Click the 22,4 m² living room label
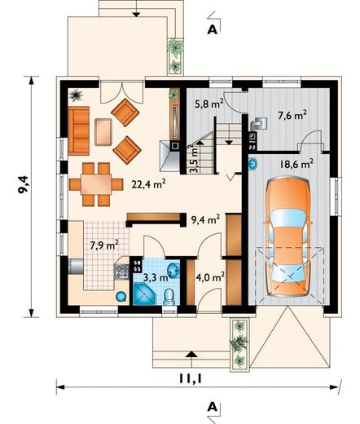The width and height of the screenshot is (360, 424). pos(148,184)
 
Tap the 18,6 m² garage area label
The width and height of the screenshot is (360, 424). pos(296,164)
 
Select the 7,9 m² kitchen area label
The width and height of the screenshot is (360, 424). pos(104,245)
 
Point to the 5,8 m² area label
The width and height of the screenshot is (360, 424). pos(209,104)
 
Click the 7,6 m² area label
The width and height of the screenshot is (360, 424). pos(292,115)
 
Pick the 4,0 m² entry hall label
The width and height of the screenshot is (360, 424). pos(209,278)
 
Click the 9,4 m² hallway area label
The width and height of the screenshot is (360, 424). pos(205,219)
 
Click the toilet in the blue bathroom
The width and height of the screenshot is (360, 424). pos(169,297)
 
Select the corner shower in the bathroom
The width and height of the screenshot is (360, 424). pos(143,294)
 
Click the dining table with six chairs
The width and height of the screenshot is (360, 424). pos(96,184)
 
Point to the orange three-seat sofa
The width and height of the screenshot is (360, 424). pos(79,130)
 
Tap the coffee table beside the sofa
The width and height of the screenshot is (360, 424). pos(103,132)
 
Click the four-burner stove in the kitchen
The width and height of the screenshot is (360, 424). pos(122,272)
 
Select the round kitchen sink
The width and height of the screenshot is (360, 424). pos(121,296)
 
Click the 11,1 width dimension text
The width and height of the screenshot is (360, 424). pos(191,378)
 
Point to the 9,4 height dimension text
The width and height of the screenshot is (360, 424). pos(23,184)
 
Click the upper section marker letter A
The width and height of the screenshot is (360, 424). pos(213,30)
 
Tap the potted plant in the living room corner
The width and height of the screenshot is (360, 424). pos(76,95)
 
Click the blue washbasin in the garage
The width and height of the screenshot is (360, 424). pos(252,164)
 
